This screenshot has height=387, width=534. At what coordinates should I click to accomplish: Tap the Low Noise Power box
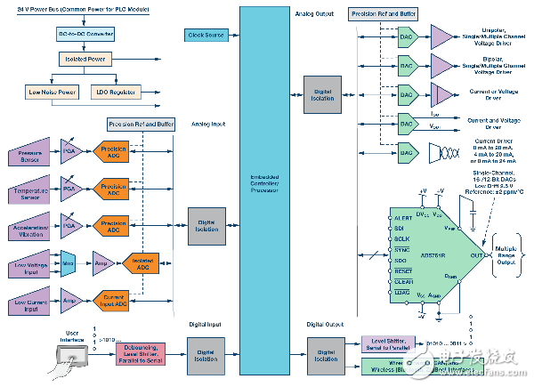pos(52,92)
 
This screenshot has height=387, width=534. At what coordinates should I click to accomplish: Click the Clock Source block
pos(206,35)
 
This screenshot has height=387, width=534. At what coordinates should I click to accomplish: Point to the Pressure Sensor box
pos(30,157)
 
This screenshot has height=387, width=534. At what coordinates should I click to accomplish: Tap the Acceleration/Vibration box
pos(30,226)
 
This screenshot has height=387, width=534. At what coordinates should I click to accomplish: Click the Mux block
pos(69,262)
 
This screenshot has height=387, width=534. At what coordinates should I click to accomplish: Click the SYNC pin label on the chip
pos(401,251)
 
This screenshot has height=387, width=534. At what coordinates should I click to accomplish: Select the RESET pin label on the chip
pos(403,271)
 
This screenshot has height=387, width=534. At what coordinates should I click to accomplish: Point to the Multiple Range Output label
pos(507,255)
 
